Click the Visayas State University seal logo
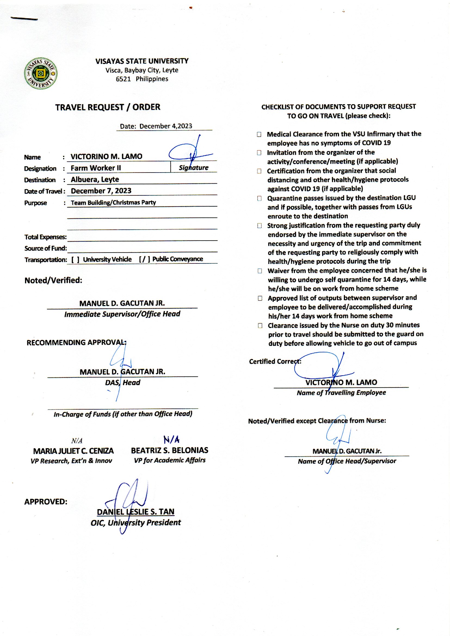click(x=41, y=73)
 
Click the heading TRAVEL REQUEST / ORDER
click(x=107, y=107)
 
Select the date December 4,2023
click(x=165, y=126)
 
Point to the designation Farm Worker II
click(x=95, y=168)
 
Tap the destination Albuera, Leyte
click(x=95, y=179)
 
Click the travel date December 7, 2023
click(x=101, y=191)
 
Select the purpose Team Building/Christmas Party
click(x=113, y=202)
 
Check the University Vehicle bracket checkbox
click(x=75, y=260)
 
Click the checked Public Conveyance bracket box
click(x=144, y=259)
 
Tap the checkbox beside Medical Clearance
click(x=259, y=134)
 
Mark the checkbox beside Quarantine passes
click(x=259, y=198)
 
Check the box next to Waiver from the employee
click(x=260, y=271)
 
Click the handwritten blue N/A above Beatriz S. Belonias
click(x=171, y=440)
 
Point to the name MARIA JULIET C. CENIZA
click(x=73, y=451)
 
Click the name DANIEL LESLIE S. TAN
click(x=135, y=512)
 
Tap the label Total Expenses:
click(x=45, y=237)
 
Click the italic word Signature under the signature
click(x=193, y=168)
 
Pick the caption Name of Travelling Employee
click(x=341, y=393)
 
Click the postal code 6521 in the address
click(x=123, y=79)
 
